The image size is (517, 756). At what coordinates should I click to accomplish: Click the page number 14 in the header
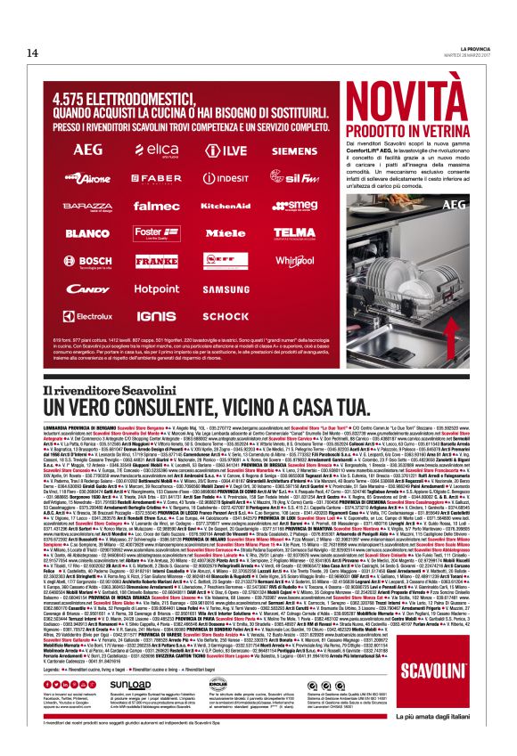[x=33, y=53]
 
